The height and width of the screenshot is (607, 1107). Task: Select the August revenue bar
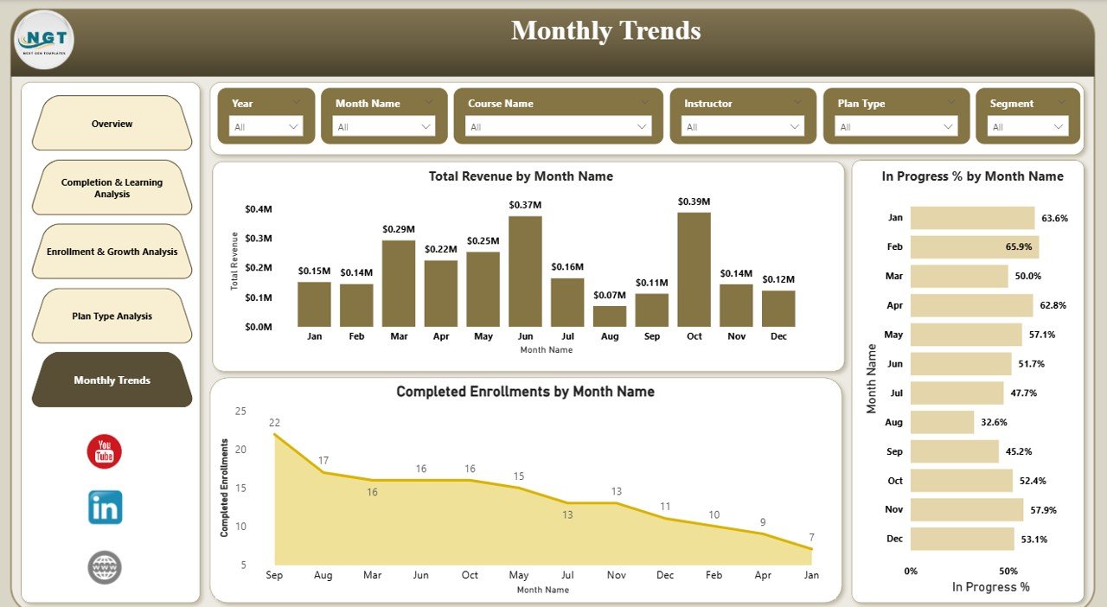(x=610, y=316)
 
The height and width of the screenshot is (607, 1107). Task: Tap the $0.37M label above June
(x=525, y=205)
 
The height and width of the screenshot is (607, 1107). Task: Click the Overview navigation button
(x=112, y=124)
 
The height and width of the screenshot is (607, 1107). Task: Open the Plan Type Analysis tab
(x=112, y=316)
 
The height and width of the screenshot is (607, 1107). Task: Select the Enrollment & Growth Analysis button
(x=112, y=252)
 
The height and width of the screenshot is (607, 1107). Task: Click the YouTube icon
(x=105, y=451)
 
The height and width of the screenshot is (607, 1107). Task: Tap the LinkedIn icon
(x=105, y=508)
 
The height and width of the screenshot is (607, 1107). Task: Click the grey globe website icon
(x=105, y=567)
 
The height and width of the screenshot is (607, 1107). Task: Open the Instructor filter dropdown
(x=743, y=127)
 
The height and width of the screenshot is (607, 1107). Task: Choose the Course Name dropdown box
(x=558, y=127)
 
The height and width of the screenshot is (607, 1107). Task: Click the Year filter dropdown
(x=266, y=127)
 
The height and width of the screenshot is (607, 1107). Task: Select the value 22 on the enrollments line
(x=274, y=423)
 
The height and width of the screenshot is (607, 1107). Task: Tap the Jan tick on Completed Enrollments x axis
(x=811, y=575)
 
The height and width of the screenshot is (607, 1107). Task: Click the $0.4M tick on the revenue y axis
(x=259, y=209)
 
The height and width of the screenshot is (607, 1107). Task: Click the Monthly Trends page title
(x=605, y=31)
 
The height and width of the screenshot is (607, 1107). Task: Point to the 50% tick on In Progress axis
(x=1008, y=572)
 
